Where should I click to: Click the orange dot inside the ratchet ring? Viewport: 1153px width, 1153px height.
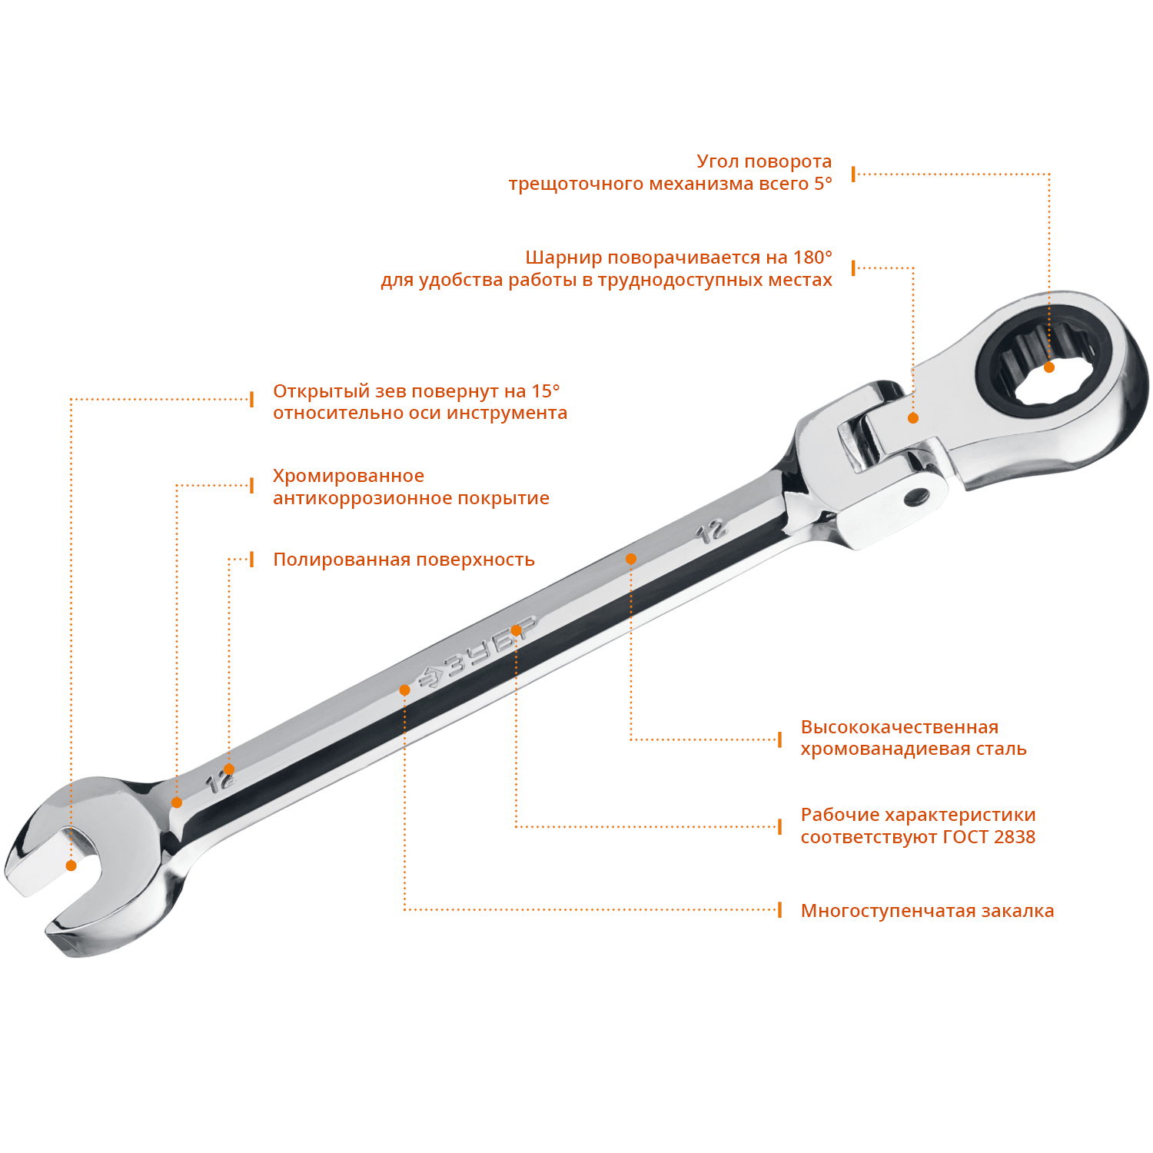[x=1049, y=367]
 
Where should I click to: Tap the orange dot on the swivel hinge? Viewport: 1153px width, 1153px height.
[x=913, y=418]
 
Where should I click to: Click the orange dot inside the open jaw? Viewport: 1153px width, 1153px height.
[x=71, y=866]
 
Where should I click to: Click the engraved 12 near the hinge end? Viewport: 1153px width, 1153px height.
[x=712, y=530]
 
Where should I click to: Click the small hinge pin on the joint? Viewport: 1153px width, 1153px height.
[x=914, y=497]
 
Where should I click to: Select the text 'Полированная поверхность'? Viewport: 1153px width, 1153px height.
[x=404, y=560]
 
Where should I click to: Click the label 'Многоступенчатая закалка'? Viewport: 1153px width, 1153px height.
[x=927, y=911]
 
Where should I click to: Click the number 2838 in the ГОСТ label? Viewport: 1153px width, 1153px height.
[x=1014, y=837]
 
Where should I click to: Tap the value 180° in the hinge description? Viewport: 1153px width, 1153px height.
[x=812, y=257]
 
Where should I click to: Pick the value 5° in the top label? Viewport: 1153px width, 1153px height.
[x=823, y=184]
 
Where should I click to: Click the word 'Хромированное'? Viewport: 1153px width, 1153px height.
[x=348, y=477]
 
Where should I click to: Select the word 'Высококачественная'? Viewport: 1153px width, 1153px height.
[x=899, y=727]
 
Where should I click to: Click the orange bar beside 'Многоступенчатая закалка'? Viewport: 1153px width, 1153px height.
[x=779, y=910]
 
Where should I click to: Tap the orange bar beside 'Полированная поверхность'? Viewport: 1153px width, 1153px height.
[x=252, y=559]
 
